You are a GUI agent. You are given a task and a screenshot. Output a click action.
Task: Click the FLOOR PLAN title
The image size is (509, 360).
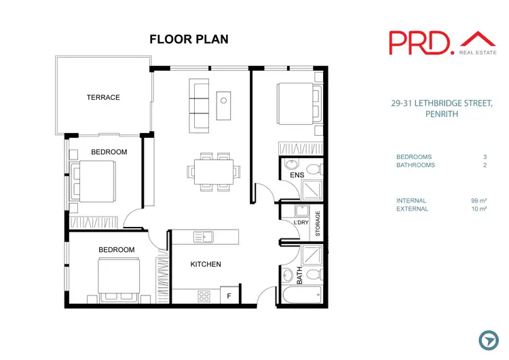tap(189, 39)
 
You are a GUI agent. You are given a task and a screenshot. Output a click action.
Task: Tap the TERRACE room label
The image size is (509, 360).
tap(103, 98)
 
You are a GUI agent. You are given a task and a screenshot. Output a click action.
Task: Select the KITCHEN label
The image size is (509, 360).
tap(205, 264)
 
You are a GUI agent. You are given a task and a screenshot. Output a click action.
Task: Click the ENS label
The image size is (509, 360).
tap(297, 176)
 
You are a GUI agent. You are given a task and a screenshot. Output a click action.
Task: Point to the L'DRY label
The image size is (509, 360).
tap(301, 223)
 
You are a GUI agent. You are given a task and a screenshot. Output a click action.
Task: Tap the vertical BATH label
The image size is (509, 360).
tap(299, 275)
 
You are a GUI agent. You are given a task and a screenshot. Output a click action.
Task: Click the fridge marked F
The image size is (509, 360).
tap(229, 295)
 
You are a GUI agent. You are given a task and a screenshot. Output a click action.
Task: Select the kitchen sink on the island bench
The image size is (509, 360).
tap(204, 237)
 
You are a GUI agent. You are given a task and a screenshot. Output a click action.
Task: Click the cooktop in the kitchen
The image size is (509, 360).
tap(204, 296)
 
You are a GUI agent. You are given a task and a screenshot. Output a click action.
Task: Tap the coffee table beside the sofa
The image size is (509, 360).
tap(225, 103)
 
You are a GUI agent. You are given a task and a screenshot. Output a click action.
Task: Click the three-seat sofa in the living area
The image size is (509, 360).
tap(199, 104)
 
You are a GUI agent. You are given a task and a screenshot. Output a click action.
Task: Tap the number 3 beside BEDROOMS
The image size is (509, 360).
tap(485, 157)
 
